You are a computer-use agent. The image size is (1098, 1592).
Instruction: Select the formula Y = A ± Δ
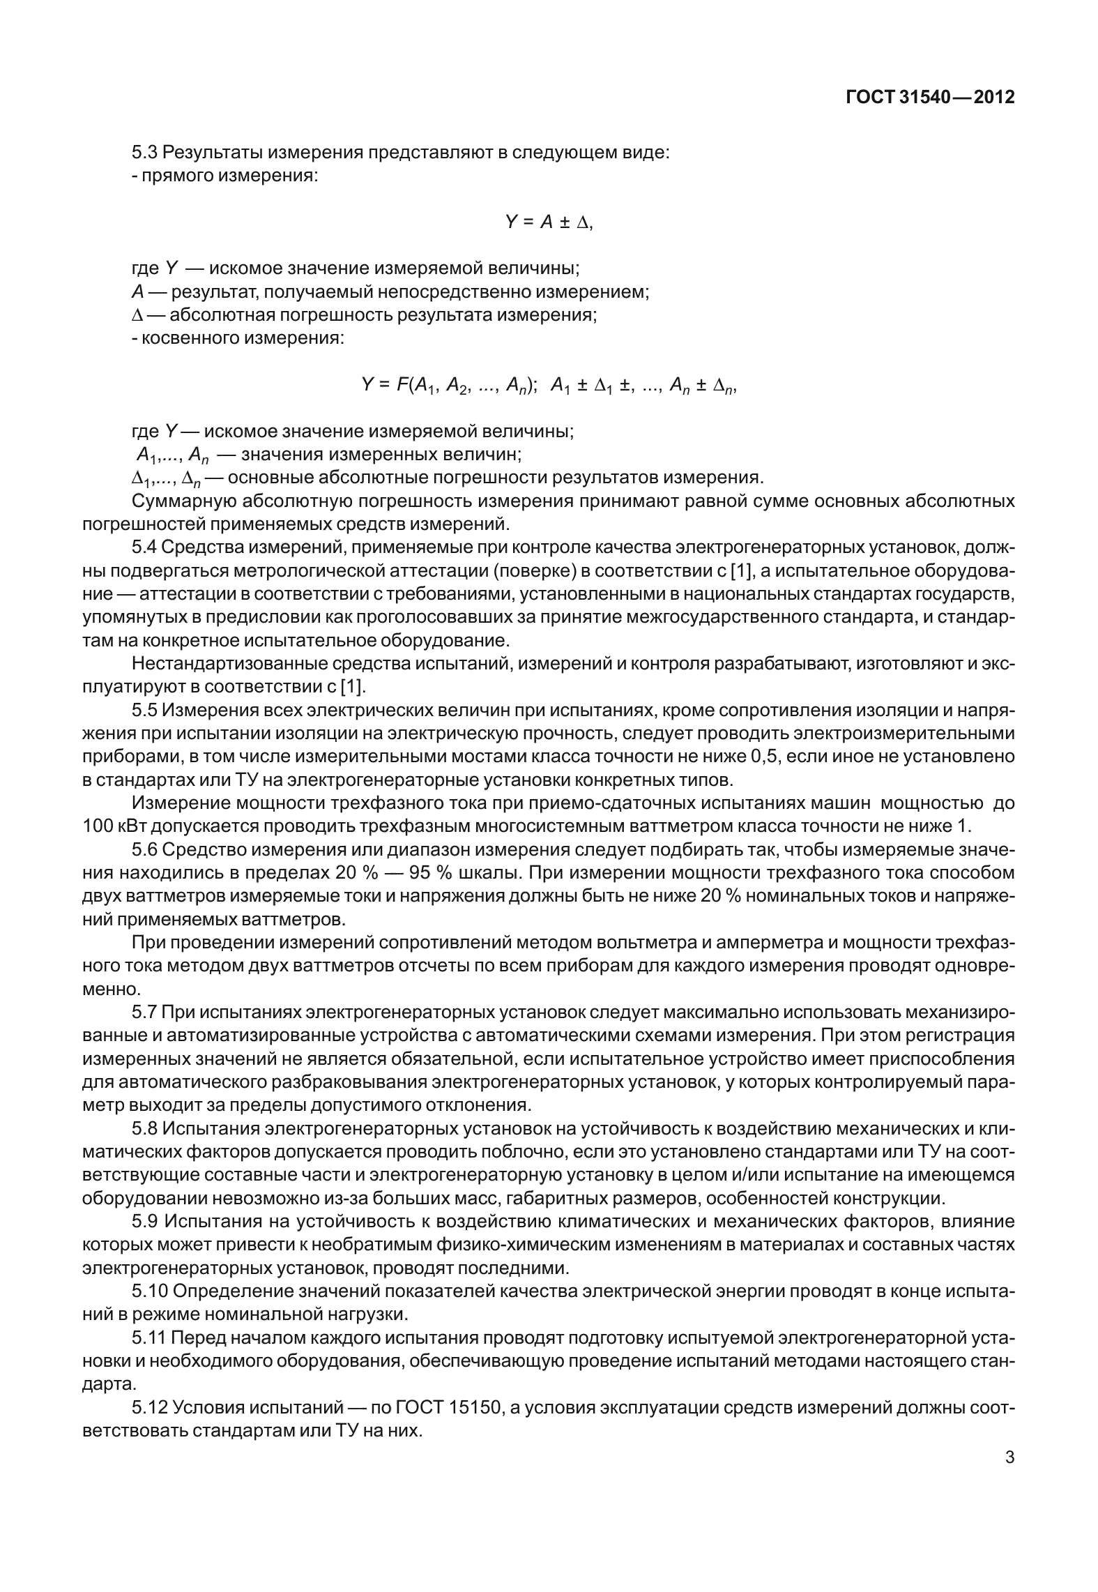point(548,222)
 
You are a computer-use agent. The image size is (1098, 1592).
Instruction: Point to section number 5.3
point(145,153)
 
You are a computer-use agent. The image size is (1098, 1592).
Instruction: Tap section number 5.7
point(145,1012)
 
